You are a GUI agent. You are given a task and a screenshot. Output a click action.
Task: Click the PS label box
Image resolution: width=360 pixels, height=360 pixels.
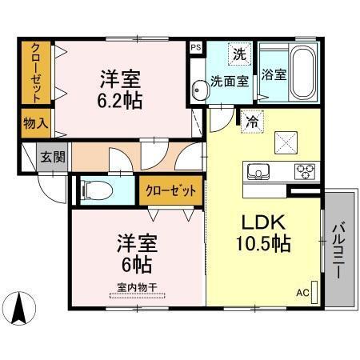click(x=195, y=47)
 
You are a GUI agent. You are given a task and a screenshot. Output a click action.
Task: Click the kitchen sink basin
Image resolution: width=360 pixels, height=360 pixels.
click(x=260, y=170)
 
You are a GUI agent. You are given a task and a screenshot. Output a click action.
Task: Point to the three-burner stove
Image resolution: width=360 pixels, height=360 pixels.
click(x=304, y=169)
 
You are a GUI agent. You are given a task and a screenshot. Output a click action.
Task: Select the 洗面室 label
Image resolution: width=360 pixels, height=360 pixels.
click(x=229, y=80)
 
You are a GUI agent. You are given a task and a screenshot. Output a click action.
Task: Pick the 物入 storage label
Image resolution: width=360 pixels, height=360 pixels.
click(x=35, y=124)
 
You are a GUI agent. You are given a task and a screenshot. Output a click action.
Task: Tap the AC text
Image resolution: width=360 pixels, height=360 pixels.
click(x=302, y=293)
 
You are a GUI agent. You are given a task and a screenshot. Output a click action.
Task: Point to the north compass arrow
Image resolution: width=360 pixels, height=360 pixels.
click(x=19, y=307)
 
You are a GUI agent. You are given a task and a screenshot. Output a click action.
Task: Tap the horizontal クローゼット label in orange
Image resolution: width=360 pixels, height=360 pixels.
click(x=170, y=190)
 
